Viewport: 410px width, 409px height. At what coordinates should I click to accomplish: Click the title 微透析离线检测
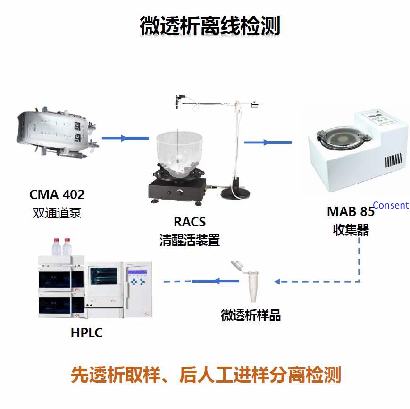pos(210,25)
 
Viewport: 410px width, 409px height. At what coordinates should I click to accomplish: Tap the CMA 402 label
pos(57,194)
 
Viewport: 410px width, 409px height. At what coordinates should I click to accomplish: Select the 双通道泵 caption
pos(57,213)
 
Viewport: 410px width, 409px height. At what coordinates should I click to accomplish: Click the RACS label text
pos(190,222)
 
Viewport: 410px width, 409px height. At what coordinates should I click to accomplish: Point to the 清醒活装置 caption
pos(190,240)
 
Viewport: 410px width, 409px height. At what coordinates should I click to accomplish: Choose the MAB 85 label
pos(351,211)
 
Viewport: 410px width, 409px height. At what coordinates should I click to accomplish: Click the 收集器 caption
pos(351,230)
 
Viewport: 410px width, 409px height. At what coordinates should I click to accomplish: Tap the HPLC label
pos(86,333)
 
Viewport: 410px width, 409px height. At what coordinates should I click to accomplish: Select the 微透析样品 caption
pos(251,315)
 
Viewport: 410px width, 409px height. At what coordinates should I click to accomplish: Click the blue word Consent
pos(391,205)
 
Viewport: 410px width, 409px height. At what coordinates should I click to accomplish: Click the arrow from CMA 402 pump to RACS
pos(125,138)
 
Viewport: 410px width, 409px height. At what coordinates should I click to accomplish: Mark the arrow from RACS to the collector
pos(268,142)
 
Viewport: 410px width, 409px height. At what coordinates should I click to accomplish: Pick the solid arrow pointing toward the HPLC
pos(215,281)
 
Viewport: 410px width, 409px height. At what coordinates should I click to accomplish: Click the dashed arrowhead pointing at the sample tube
pos(277,281)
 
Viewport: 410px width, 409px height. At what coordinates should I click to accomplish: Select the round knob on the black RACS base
pos(180,192)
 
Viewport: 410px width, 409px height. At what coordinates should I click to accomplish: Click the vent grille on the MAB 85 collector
pos(393,160)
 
